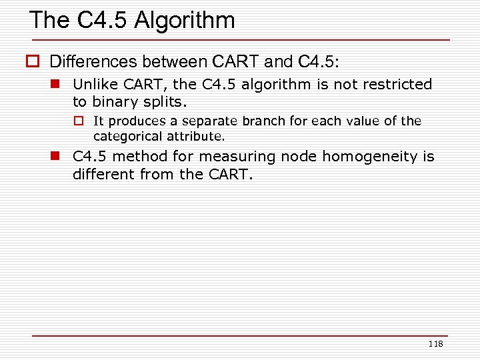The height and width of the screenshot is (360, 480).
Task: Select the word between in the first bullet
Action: click(173, 62)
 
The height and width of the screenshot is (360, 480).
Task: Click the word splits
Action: click(165, 102)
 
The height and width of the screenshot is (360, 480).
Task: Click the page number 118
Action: click(435, 344)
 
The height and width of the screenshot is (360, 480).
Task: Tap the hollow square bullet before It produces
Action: click(77, 121)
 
